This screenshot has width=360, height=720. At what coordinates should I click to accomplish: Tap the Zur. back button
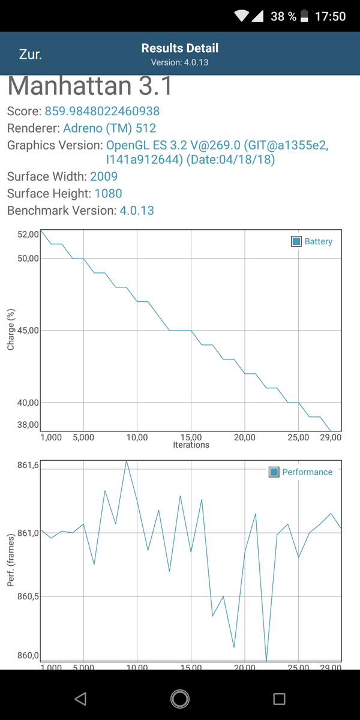[30, 54]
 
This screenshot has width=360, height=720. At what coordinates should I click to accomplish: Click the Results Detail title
[179, 49]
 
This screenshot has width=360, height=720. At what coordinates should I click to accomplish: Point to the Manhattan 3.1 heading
[90, 86]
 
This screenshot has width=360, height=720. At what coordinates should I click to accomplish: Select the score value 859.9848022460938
[102, 111]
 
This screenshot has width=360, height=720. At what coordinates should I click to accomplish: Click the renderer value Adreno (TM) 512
[109, 128]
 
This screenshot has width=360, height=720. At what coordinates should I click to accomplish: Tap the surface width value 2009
[104, 176]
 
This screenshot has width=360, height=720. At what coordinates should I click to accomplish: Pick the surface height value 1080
[108, 193]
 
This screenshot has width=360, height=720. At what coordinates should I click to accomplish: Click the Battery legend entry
[311, 241]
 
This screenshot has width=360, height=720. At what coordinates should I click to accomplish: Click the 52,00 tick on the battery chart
[28, 235]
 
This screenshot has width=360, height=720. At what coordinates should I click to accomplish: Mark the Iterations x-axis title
[191, 445]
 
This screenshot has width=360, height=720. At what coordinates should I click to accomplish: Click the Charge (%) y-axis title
[11, 329]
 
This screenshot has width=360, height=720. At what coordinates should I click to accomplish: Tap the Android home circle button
[179, 698]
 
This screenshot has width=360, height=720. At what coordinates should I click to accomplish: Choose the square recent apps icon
[278, 698]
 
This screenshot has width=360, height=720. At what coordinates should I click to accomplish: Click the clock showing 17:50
[330, 16]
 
